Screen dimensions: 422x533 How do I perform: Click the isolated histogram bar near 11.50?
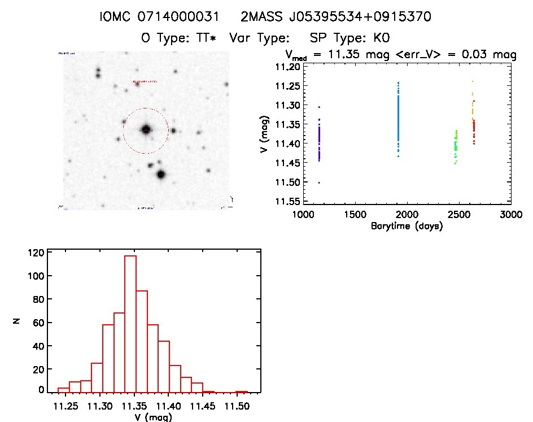click(x=242, y=391)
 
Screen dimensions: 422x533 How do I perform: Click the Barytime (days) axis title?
click(x=407, y=226)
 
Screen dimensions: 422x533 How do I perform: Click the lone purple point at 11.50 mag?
click(x=319, y=182)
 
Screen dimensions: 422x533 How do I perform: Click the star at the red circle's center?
click(x=146, y=130)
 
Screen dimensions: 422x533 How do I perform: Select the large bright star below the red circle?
click(x=161, y=175)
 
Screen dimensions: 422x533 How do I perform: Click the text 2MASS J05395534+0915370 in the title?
click(x=336, y=17)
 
